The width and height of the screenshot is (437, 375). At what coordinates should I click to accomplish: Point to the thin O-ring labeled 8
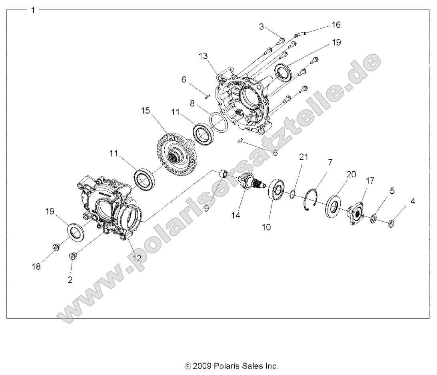point(219,122)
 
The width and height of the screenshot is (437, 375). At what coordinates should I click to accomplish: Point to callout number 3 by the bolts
point(261,27)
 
